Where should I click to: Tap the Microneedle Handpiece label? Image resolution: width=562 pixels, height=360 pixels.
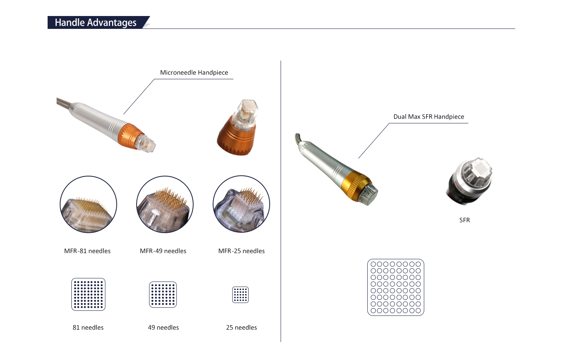(194, 73)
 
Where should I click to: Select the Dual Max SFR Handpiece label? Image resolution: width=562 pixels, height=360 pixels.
(429, 117)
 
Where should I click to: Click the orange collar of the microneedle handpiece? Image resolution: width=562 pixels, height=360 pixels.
(130, 135)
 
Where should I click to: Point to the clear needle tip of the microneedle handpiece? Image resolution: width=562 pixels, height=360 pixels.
(146, 144)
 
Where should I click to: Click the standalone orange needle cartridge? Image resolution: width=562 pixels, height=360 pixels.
(237, 128)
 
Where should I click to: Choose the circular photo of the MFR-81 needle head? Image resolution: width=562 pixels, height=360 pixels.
(88, 204)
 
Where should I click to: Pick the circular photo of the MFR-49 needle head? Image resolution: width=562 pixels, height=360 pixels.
(165, 204)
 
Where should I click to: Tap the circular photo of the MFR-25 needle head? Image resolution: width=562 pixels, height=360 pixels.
(241, 204)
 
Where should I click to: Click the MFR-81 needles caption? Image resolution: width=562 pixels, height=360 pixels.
(87, 251)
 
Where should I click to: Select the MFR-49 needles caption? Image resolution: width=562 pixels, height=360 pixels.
(163, 251)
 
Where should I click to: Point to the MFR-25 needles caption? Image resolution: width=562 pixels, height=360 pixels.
(241, 251)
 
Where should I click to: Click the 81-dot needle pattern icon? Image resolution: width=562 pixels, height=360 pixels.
(88, 294)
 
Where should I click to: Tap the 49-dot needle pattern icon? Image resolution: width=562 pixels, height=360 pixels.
(163, 294)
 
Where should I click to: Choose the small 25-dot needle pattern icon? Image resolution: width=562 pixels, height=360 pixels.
(240, 295)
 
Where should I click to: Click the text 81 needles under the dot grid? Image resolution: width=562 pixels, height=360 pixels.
(88, 328)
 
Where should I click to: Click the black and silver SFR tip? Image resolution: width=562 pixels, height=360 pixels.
(469, 181)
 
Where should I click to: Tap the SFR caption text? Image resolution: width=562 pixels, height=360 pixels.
(464, 220)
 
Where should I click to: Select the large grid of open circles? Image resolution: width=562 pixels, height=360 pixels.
(396, 287)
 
